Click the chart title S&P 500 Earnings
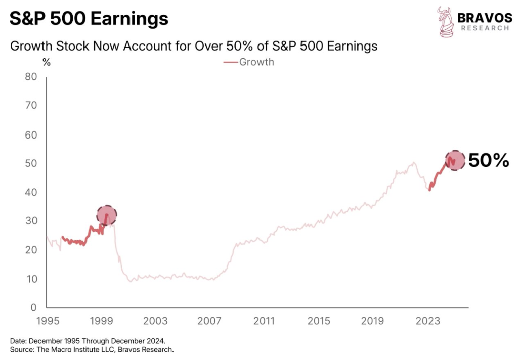pyautogui.click(x=89, y=19)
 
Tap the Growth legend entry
pyautogui.click(x=249, y=62)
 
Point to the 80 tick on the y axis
pyautogui.click(x=31, y=77)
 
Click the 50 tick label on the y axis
pyautogui.click(x=31, y=164)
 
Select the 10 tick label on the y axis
pyautogui.click(x=31, y=279)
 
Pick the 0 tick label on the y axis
pyautogui.click(x=34, y=308)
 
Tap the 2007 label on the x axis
pyautogui.click(x=209, y=321)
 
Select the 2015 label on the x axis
pyautogui.click(x=319, y=321)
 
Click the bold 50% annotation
pyautogui.click(x=488, y=161)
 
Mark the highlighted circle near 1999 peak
pyautogui.click(x=106, y=215)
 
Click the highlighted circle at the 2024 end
pyautogui.click(x=454, y=160)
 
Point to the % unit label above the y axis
pyautogui.click(x=47, y=63)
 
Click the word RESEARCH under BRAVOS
pyautogui.click(x=484, y=28)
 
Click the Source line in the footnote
pyautogui.click(x=92, y=349)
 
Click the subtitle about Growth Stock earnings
pyautogui.click(x=194, y=46)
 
